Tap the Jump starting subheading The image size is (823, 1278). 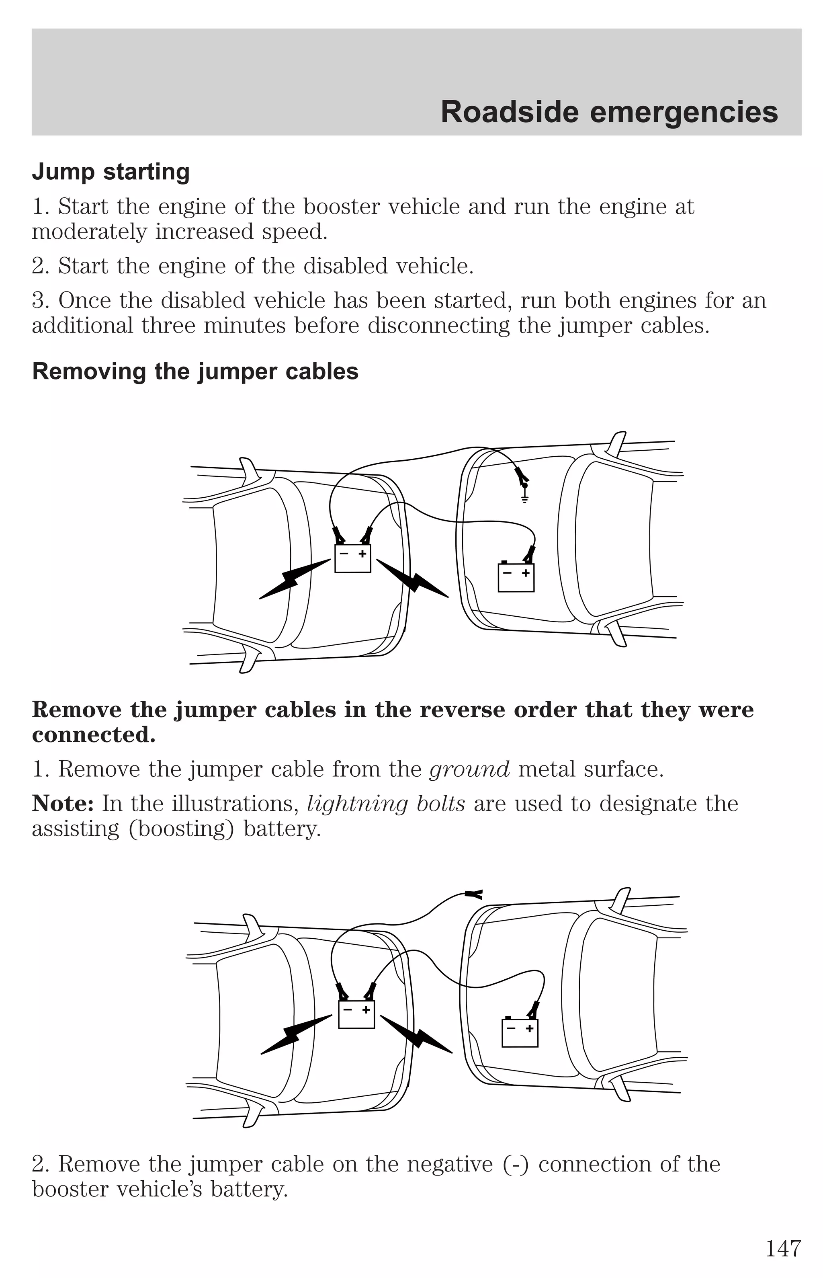[111, 172]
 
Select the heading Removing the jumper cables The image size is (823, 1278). [195, 371]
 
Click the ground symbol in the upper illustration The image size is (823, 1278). [525, 498]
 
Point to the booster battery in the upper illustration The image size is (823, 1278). [353, 558]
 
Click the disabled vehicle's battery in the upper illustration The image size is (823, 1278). [516, 578]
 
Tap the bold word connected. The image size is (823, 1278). [94, 735]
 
